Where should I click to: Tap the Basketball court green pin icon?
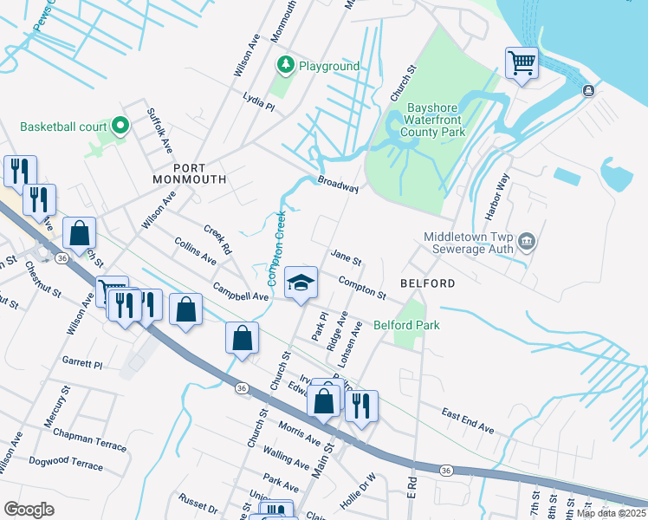120,127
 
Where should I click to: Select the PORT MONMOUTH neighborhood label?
188,173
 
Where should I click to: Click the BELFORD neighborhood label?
427,283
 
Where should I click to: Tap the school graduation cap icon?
301,283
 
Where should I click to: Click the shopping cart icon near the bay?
522,62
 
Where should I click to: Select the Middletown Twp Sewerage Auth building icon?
527,242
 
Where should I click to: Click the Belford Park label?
406,325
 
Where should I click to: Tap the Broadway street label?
338,185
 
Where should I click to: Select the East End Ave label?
467,422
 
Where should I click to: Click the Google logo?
29,509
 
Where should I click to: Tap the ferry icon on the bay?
588,90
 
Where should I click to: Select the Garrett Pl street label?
82,363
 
